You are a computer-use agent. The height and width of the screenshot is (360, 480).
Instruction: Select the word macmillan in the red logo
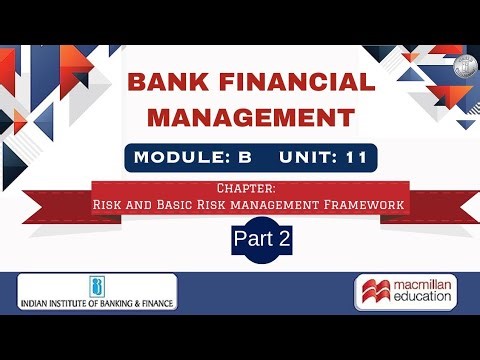(420, 287)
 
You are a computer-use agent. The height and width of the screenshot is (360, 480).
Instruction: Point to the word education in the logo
(420, 302)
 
